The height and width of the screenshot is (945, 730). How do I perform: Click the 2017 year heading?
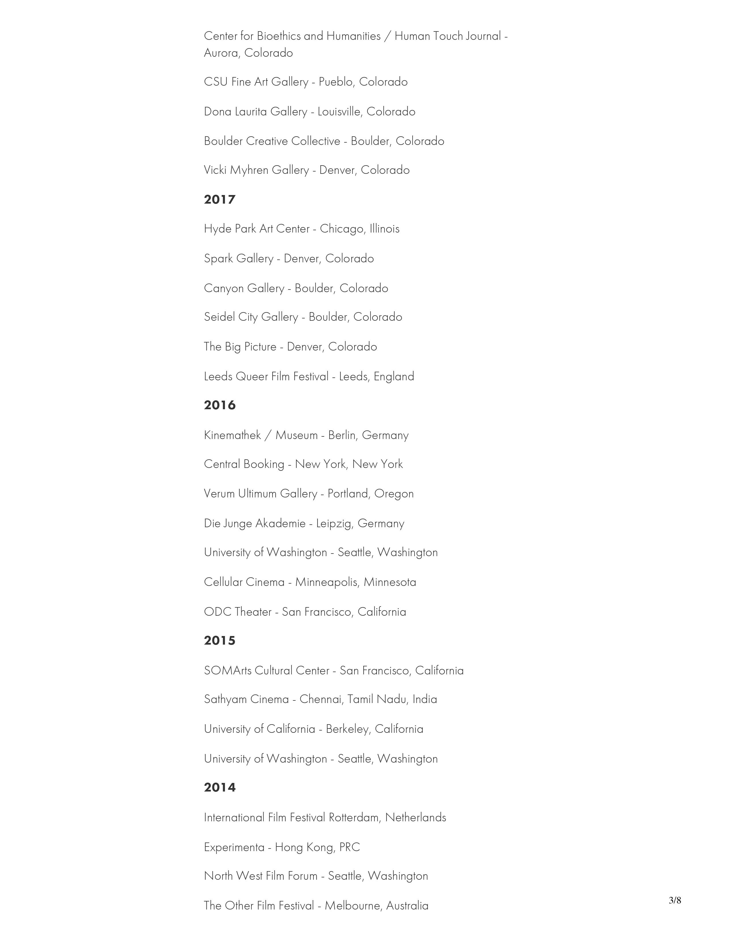click(x=219, y=200)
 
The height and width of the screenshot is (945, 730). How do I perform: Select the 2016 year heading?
click(x=219, y=405)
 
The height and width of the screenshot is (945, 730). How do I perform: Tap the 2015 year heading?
click(x=219, y=640)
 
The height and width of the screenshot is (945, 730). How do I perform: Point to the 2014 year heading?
click(x=219, y=787)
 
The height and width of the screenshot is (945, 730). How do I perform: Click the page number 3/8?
click(x=675, y=900)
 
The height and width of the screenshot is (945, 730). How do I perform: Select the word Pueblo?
click(x=336, y=82)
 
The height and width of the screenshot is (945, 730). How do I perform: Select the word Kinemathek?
click(x=232, y=435)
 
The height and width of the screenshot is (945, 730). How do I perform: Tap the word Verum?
click(x=219, y=494)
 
